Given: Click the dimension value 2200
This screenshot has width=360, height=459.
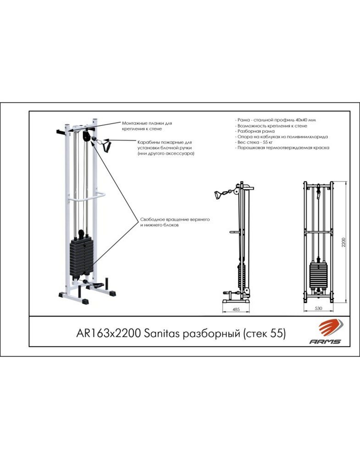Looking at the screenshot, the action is [344, 242].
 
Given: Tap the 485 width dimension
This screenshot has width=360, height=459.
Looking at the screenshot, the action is [236, 309].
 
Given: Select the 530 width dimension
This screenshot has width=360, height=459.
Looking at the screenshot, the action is [318, 308].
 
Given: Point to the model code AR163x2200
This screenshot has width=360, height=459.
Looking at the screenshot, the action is [109, 333].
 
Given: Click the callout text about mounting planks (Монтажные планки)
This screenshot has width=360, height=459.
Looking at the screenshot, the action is [147, 126].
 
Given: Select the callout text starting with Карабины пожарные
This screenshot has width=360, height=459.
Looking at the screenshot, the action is [166, 148].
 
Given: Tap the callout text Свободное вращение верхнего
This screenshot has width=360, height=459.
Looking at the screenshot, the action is [175, 222].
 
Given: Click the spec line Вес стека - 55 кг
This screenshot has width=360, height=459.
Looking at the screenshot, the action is [254, 142].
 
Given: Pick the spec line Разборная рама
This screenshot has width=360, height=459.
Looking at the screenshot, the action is [255, 131].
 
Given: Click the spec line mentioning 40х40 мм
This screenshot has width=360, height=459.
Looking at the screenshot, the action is [275, 120].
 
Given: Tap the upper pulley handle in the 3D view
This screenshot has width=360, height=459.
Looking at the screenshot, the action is [106, 146].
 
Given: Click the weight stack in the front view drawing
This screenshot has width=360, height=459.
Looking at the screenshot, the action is [318, 275].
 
